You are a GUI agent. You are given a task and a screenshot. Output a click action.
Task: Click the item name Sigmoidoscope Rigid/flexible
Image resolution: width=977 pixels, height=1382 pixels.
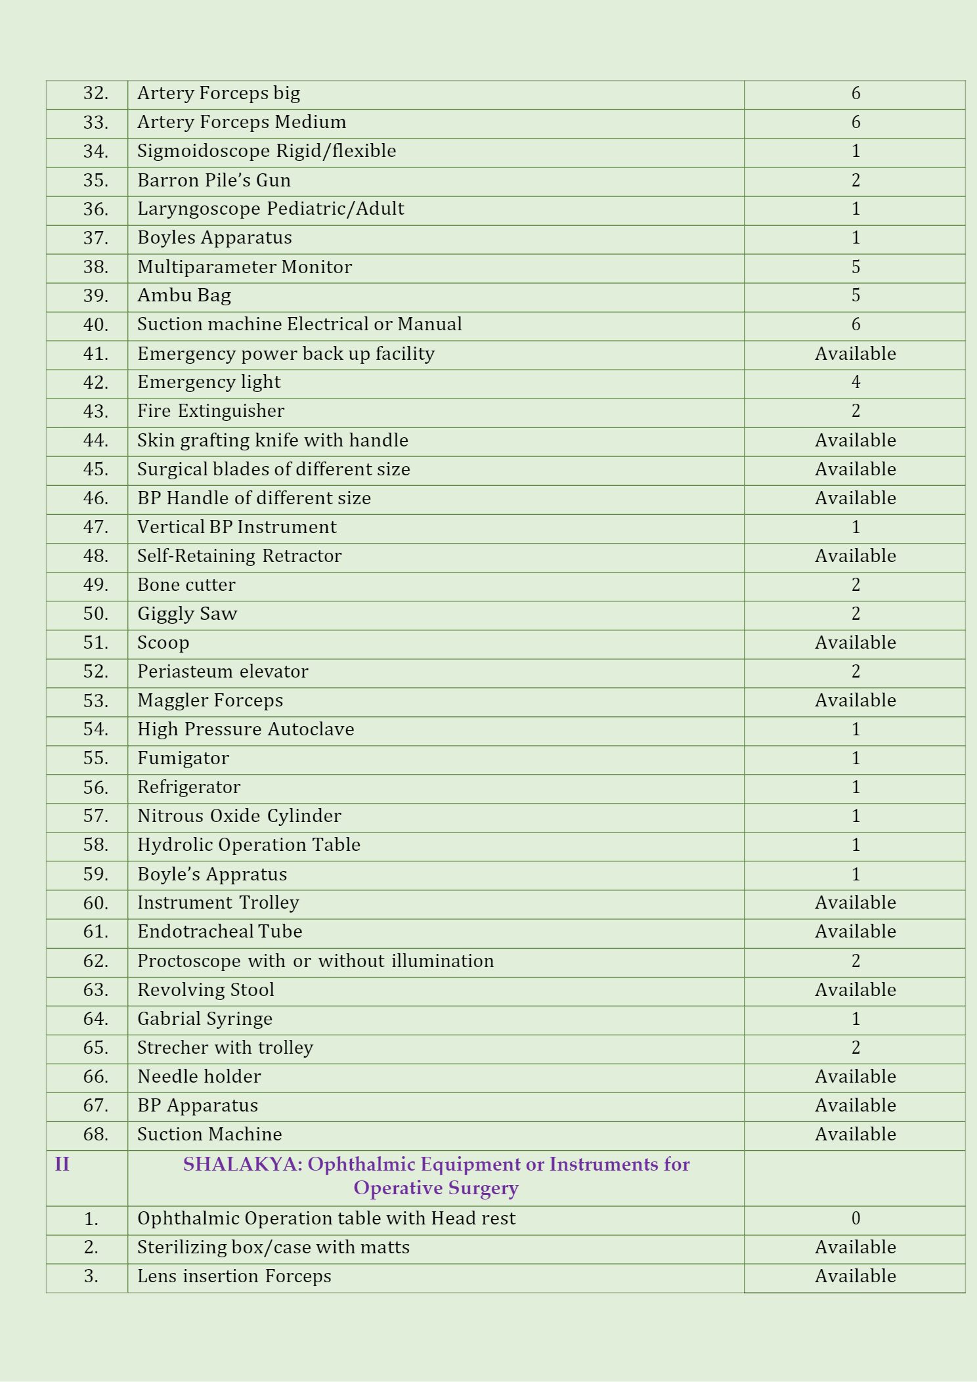click(267, 152)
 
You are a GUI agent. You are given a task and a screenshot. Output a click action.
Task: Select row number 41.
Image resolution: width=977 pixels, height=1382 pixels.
click(95, 354)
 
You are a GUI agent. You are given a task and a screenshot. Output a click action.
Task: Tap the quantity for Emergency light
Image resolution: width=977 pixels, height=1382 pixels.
click(855, 383)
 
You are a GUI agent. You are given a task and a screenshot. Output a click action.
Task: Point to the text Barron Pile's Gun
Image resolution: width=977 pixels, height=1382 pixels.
click(214, 181)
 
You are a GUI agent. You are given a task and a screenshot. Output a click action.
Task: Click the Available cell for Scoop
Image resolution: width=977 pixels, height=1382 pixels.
click(855, 643)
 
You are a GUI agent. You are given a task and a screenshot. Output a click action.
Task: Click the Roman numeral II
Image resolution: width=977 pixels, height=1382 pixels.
click(62, 1165)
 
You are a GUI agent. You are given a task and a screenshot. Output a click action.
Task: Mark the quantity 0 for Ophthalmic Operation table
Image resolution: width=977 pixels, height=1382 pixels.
click(855, 1219)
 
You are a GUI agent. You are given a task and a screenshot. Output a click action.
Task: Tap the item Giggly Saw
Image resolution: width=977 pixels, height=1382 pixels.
click(187, 614)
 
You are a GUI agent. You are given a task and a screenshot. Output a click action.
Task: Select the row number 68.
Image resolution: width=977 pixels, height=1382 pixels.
click(95, 1134)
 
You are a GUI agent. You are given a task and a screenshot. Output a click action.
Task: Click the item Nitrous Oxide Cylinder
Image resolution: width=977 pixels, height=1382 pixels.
click(239, 816)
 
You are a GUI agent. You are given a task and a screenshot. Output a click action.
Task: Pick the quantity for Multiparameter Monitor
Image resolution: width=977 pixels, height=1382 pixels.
click(855, 267)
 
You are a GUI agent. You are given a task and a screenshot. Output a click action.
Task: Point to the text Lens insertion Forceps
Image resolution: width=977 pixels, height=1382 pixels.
click(234, 1276)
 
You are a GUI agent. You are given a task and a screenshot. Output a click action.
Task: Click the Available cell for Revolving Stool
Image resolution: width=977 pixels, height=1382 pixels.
click(855, 990)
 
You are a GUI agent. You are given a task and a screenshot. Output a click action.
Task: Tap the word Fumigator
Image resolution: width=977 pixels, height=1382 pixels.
click(183, 758)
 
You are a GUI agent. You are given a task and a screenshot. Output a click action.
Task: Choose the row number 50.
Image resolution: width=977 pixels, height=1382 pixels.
click(95, 614)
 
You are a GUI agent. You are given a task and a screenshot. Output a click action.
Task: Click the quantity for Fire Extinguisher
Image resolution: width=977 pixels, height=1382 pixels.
click(855, 412)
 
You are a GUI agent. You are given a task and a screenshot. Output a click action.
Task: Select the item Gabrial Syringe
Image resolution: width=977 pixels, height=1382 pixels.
click(205, 1019)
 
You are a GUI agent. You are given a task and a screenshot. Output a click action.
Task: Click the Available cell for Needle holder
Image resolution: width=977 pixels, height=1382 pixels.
click(855, 1077)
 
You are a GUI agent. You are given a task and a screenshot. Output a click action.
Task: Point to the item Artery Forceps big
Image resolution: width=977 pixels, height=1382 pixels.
click(219, 94)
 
